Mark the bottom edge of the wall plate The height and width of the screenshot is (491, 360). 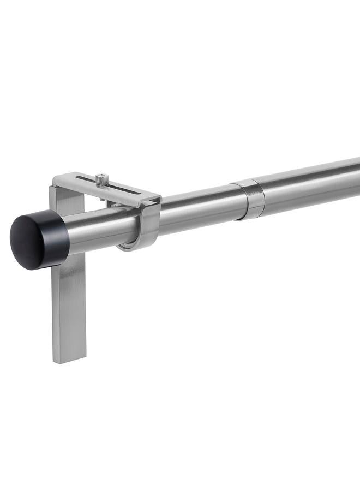pos(69,361)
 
